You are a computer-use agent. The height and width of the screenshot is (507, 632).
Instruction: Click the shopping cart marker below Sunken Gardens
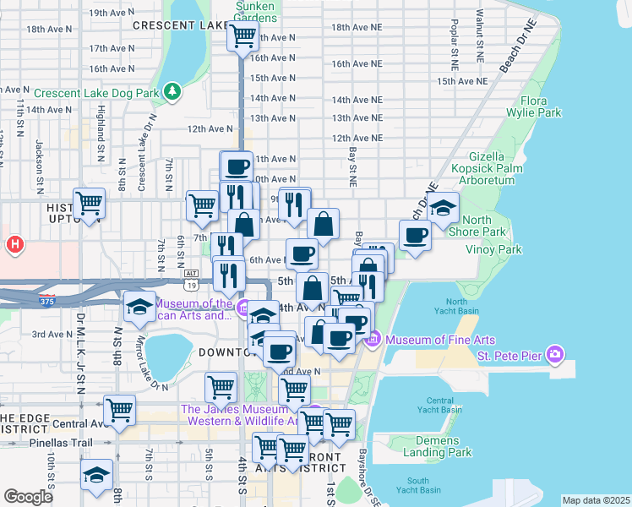coord(243,36)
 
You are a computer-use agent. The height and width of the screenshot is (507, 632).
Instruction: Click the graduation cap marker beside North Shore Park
coord(443,207)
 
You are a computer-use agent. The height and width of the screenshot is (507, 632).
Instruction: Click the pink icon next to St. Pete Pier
coord(554,352)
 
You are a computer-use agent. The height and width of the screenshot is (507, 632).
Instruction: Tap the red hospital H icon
coord(14,245)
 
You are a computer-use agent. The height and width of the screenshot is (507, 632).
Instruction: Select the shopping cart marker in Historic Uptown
coord(89,203)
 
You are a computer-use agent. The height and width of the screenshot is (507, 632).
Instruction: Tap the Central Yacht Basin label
coord(445,405)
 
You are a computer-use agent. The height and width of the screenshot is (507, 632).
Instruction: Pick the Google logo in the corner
coord(29,497)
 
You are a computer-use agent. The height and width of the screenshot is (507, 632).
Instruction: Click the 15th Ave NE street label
coord(462,81)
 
